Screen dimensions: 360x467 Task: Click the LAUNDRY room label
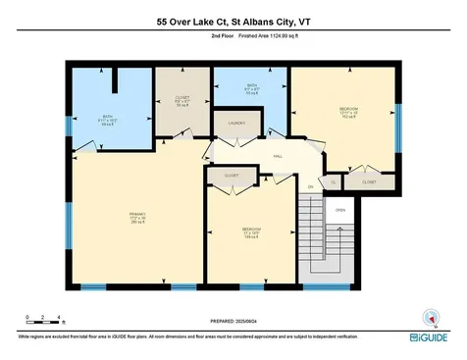tap(236, 124)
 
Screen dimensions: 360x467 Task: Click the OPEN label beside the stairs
tap(340, 210)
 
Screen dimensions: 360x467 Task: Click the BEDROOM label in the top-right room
tap(348, 108)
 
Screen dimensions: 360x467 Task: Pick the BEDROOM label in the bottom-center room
tap(251, 232)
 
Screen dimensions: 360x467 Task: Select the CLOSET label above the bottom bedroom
tap(232, 176)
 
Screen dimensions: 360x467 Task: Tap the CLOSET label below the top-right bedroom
tap(369, 181)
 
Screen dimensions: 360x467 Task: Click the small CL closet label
tap(334, 181)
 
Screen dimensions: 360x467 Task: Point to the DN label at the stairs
tap(310, 187)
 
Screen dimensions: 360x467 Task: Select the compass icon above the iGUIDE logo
tap(426, 317)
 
